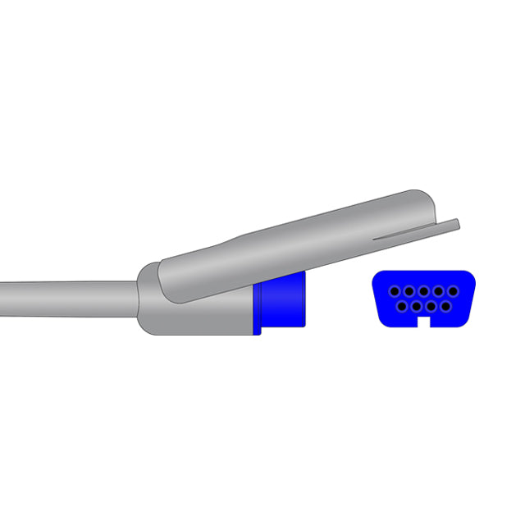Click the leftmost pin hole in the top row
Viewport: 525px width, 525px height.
[394, 291]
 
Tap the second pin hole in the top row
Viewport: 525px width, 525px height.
[409, 291]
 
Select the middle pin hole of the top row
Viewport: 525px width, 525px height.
[423, 291]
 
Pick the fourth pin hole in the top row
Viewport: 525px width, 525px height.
[438, 291]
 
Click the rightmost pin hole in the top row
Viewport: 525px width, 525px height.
[452, 291]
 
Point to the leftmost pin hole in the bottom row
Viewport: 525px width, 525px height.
[401, 307]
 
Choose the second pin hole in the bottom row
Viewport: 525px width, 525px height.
[416, 307]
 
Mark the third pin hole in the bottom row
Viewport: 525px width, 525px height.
[431, 307]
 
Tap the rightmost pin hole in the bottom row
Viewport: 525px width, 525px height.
[445, 307]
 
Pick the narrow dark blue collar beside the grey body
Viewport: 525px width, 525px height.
[258, 308]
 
